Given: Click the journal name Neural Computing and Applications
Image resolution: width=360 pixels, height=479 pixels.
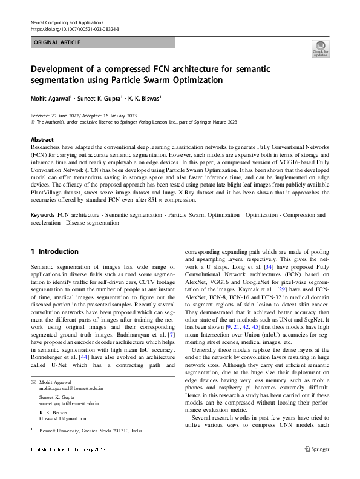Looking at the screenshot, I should pyautogui.click(x=67, y=22).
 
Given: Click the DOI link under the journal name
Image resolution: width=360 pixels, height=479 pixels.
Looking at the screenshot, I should pyautogui.click(x=74, y=29).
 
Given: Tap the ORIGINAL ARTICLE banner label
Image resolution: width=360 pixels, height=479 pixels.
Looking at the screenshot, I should pyautogui.click(x=57, y=42).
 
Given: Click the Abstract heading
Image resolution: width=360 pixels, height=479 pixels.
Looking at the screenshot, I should pyautogui.click(x=42, y=139).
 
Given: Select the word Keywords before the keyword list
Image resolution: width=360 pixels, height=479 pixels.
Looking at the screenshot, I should pyautogui.click(x=42, y=215).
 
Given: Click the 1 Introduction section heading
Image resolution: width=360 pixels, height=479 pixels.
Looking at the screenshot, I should pyautogui.click(x=54, y=251).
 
